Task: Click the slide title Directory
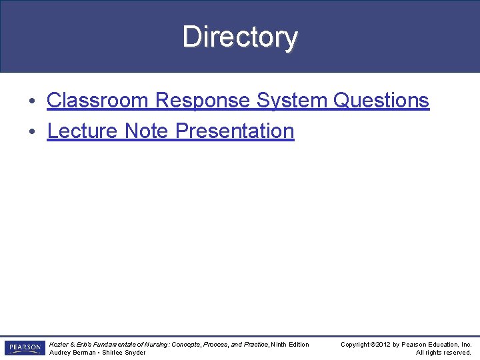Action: [x=240, y=37]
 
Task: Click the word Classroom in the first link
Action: [x=98, y=101]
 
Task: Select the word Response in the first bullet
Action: [x=203, y=101]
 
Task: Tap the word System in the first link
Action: [x=292, y=101]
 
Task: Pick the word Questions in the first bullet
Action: [x=381, y=101]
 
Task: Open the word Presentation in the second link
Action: [x=234, y=131]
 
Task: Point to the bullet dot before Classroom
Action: [x=33, y=101]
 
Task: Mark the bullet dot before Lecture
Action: [x=33, y=131]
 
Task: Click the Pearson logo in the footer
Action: [x=24, y=348]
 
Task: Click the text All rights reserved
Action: [x=443, y=353]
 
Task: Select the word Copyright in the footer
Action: [x=355, y=345]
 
